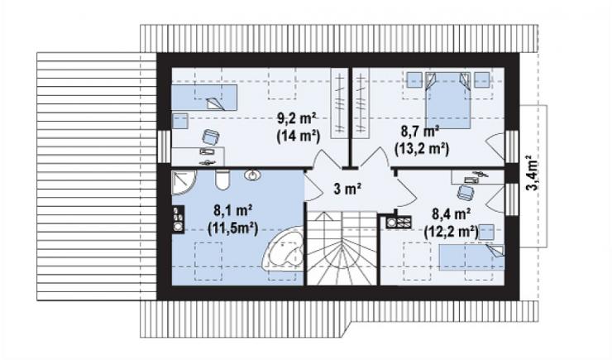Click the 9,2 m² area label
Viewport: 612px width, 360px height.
[296, 118]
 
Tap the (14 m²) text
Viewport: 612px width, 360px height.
[299, 137]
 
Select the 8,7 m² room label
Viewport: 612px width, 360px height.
[420, 131]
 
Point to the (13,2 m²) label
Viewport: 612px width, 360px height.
[422, 149]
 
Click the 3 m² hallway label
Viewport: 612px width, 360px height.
[347, 189]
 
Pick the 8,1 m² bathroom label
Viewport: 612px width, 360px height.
[232, 210]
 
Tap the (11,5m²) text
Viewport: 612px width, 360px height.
[233, 228]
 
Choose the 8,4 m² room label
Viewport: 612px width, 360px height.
[452, 214]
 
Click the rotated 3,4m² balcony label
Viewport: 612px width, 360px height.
[533, 173]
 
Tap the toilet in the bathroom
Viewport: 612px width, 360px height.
[223, 180]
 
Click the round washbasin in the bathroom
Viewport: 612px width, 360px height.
[253, 175]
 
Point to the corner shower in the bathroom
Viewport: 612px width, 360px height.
[184, 183]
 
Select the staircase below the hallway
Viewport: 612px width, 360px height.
[342, 248]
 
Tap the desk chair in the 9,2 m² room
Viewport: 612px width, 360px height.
[211, 137]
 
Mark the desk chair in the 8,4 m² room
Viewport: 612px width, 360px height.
[466, 192]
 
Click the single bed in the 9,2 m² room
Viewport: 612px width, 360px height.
[204, 97]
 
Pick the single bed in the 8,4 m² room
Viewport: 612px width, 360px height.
[472, 257]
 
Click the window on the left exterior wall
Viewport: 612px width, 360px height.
[165, 146]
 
